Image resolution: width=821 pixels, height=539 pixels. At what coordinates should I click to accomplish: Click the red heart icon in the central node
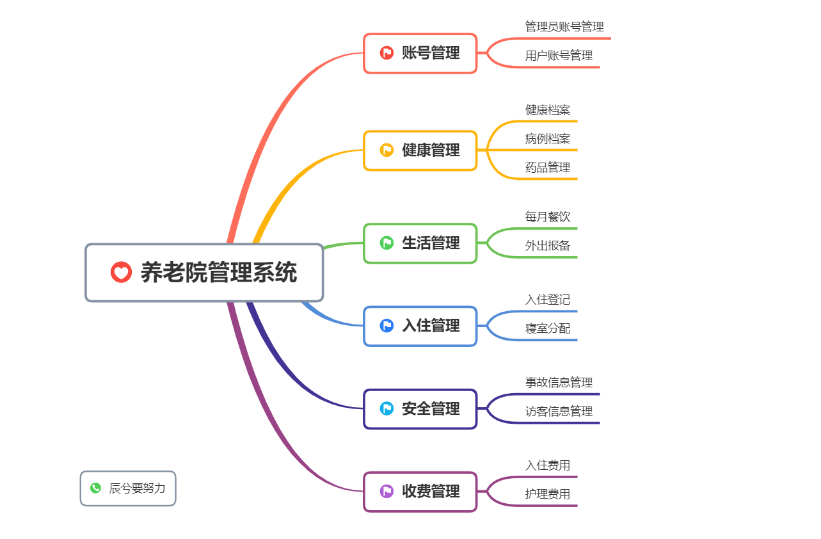click(x=121, y=272)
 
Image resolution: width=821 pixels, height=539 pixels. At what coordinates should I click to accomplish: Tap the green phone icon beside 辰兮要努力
click(x=96, y=488)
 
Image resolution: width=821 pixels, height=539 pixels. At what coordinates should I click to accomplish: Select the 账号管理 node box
click(x=420, y=53)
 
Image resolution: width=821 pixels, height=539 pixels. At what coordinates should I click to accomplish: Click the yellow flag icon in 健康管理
click(x=387, y=150)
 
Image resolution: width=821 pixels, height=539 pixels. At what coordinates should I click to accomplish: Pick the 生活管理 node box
click(x=420, y=243)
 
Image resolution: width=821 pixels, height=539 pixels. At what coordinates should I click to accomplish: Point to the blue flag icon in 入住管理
click(x=387, y=326)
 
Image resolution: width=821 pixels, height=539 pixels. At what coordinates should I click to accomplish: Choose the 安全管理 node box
click(x=420, y=408)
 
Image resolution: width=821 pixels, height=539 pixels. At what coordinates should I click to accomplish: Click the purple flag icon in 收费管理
click(x=387, y=491)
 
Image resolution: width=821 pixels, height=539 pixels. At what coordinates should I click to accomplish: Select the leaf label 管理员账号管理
click(x=564, y=27)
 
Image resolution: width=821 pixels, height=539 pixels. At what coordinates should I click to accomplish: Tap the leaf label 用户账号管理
click(x=559, y=56)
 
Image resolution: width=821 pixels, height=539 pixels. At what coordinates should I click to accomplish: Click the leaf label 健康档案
click(x=548, y=110)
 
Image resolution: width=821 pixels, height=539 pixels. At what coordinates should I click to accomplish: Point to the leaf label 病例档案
click(x=548, y=139)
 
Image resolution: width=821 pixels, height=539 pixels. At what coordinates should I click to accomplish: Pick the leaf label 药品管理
click(x=548, y=168)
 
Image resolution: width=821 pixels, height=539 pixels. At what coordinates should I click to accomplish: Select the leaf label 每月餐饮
click(x=548, y=217)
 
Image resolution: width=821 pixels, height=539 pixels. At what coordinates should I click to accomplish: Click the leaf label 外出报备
click(x=548, y=246)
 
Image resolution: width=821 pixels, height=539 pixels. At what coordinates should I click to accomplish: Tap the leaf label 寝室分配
click(x=548, y=328)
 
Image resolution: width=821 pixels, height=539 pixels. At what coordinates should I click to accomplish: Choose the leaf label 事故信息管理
click(x=559, y=383)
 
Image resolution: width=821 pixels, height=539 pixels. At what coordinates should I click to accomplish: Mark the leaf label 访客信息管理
click(x=559, y=412)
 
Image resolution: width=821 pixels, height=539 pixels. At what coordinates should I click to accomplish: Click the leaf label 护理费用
click(x=548, y=494)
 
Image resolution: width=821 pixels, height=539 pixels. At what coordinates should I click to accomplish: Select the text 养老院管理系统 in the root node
click(x=219, y=273)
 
